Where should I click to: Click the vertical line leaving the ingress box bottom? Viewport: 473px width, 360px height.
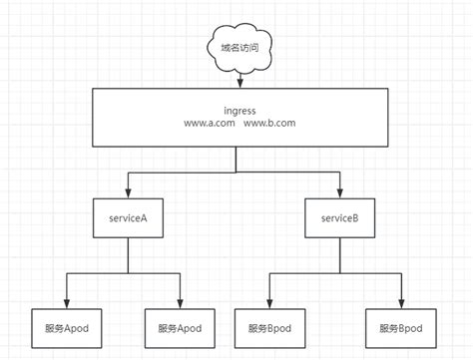pyautogui.click(x=236, y=160)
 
